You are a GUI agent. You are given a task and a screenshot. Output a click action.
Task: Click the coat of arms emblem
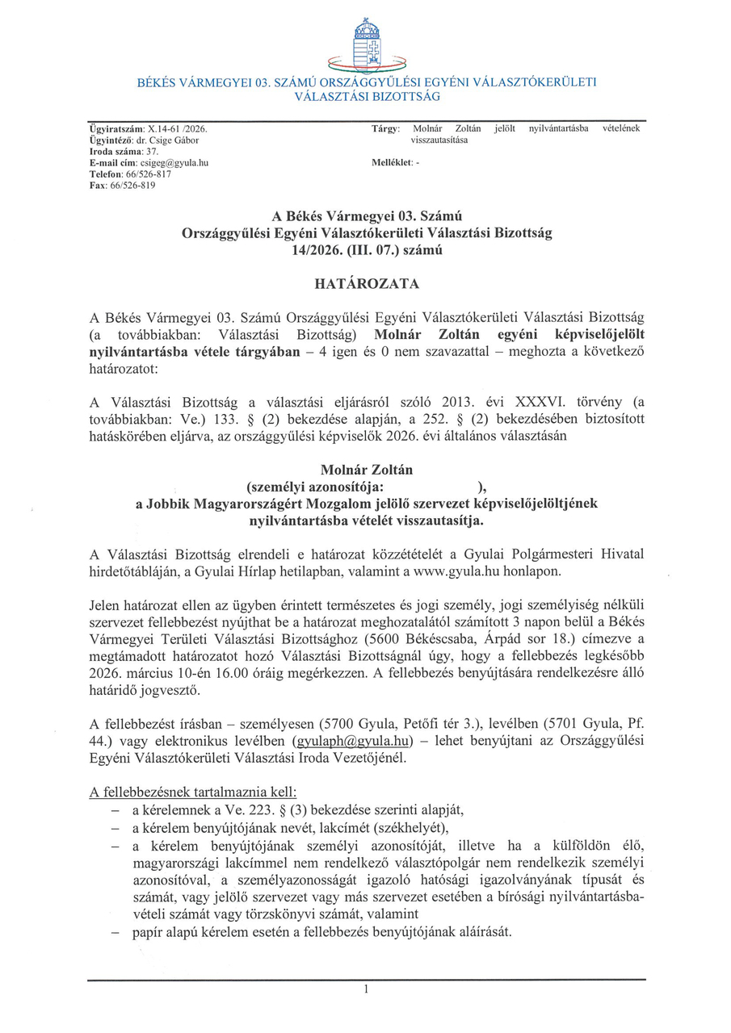pyautogui.click(x=367, y=44)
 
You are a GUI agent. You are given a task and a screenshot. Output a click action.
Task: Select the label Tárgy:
pyautogui.click(x=386, y=128)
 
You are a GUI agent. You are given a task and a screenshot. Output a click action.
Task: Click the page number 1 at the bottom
pyautogui.click(x=366, y=989)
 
